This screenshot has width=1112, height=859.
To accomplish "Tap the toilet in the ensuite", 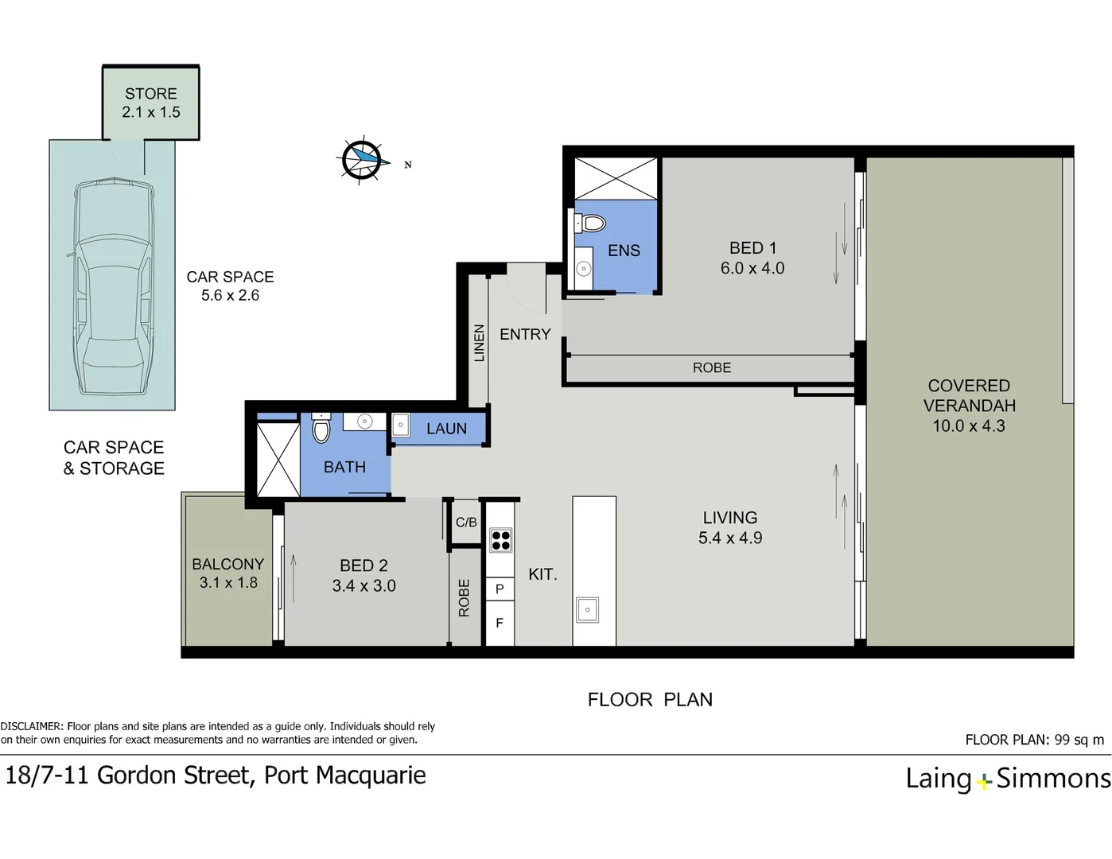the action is pos(590,223).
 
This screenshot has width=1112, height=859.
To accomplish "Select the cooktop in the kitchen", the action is pos(500,540).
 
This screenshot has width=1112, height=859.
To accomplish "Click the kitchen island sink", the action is pos(587,610).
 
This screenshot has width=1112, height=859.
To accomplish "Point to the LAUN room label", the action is pos(446,429).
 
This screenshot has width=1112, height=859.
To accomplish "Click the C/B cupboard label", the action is pos(466,522).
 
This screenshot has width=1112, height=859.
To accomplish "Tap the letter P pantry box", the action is pos(500,589).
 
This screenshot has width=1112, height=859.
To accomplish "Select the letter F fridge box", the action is pos(500,623).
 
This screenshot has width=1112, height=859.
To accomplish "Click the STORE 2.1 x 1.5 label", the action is pos(151,103).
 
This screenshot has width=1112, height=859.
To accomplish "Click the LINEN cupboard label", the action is pos(479,343).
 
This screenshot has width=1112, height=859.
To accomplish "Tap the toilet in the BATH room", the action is pos(321,428).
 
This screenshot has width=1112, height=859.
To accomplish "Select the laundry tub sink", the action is pos(401,426).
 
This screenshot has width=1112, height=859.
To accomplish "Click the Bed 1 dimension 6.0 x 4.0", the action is pos(752,268).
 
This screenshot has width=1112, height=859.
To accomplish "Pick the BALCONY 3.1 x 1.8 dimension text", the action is pos(228,582).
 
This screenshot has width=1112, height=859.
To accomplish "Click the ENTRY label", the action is pos(525,334).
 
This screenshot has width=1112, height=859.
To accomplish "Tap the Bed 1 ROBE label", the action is pos(712,367).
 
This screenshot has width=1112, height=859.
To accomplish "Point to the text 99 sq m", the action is pos(1079,740).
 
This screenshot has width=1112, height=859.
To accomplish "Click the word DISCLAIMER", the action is pos(32,726).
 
